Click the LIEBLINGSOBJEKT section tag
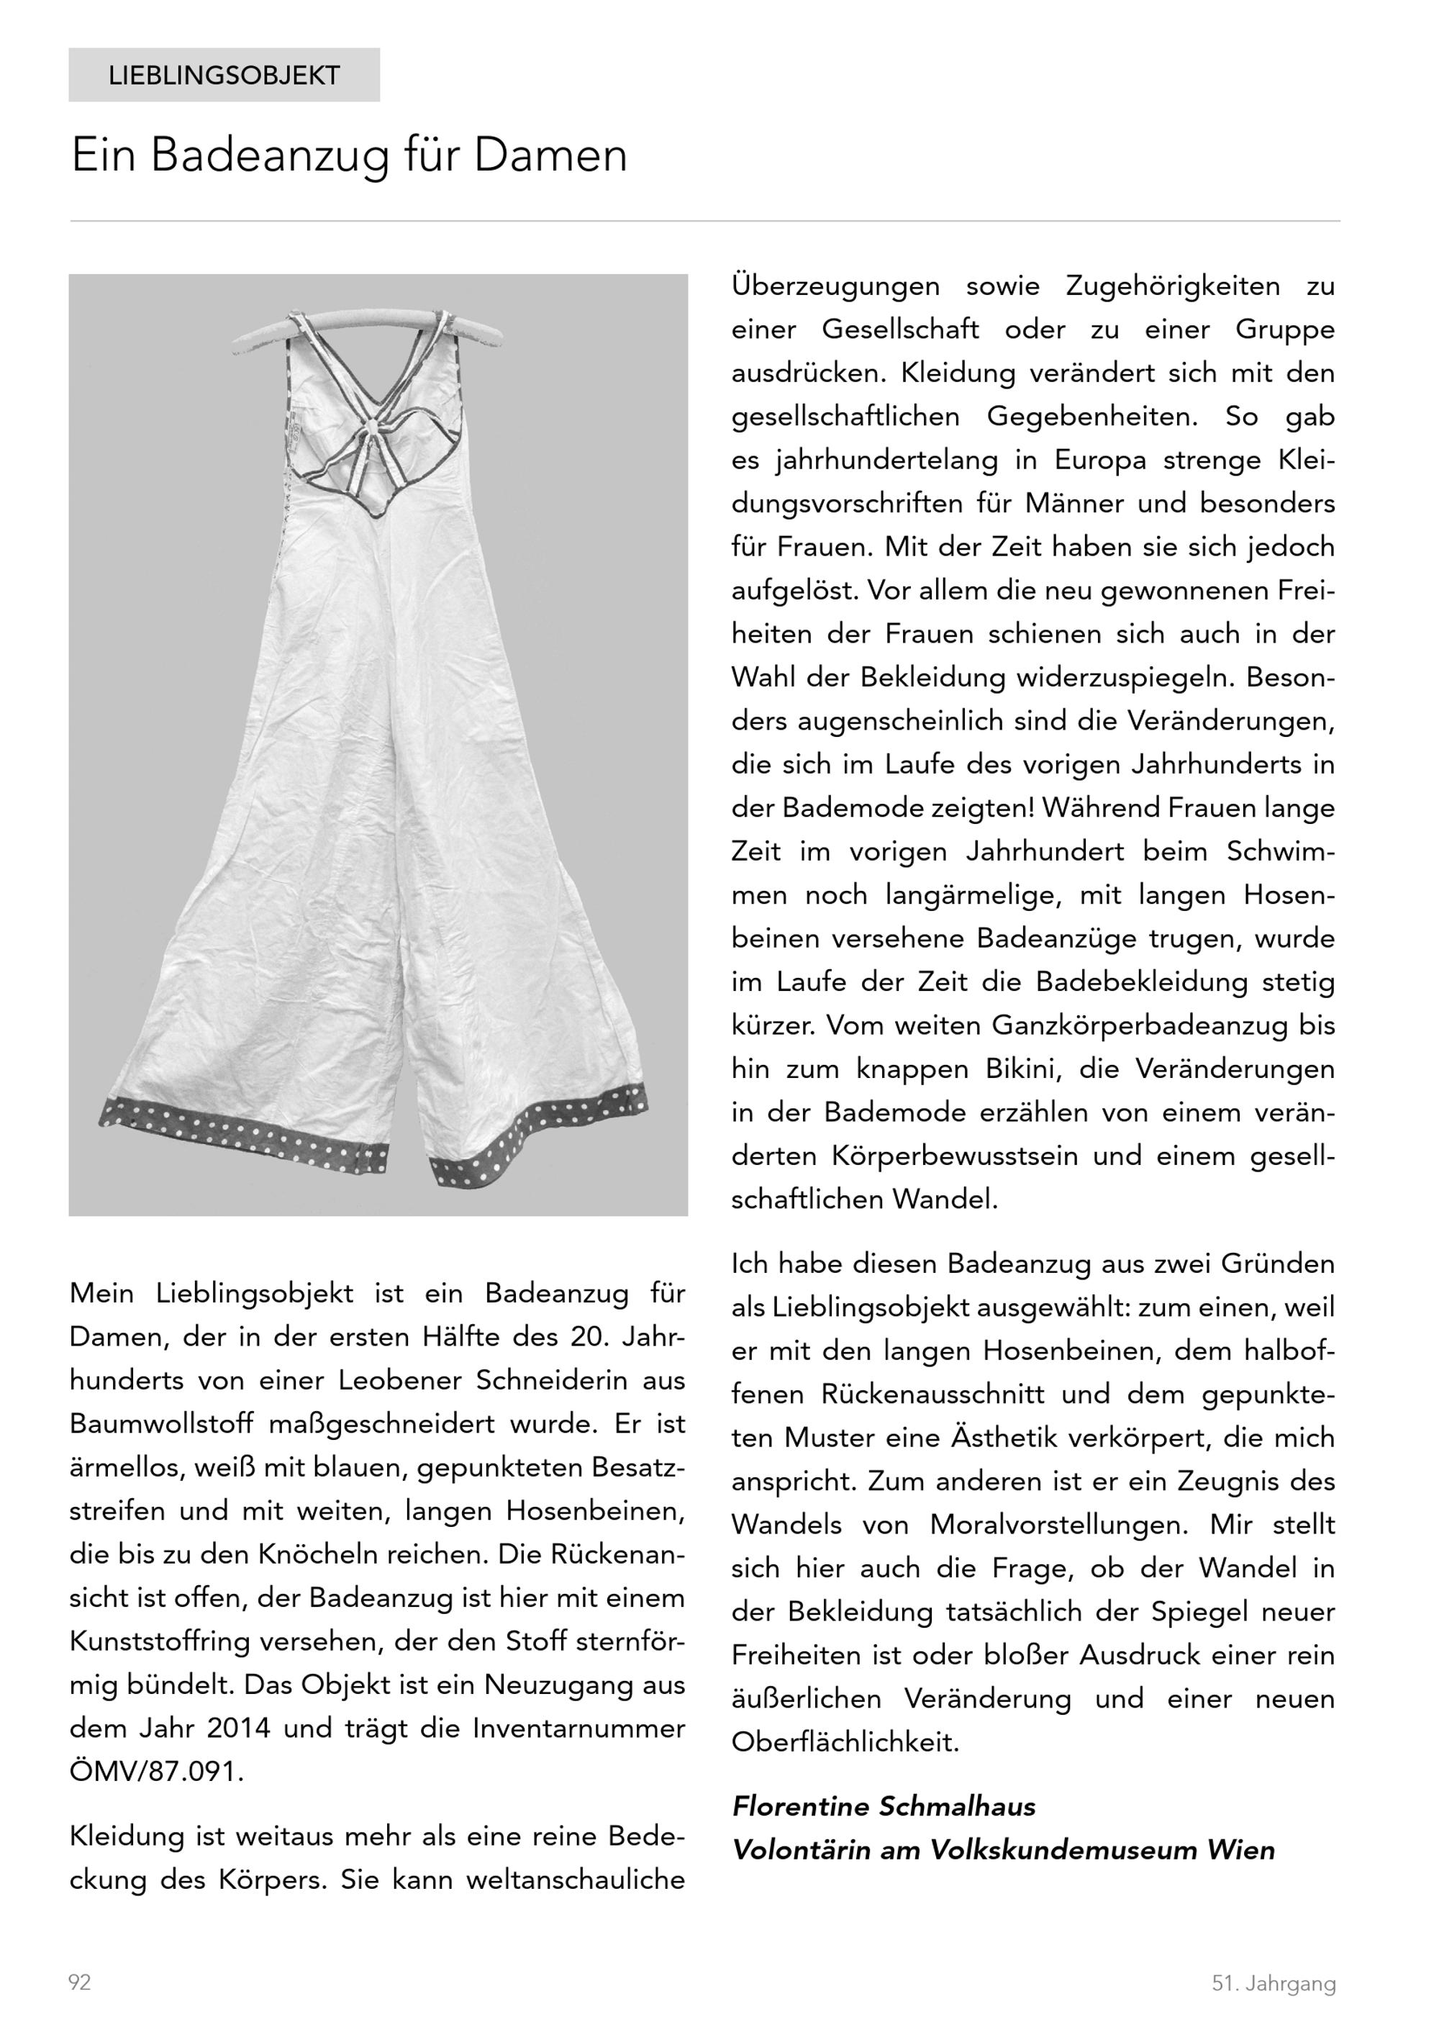224,76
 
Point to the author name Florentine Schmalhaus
884,1806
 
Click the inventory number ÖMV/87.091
156,1772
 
